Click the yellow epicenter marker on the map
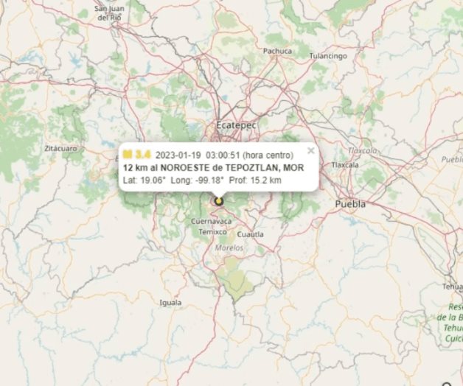218,200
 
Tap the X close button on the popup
311,150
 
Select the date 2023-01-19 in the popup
178,155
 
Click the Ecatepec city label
236,125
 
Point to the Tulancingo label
327,56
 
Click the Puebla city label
349,203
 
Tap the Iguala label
170,302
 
